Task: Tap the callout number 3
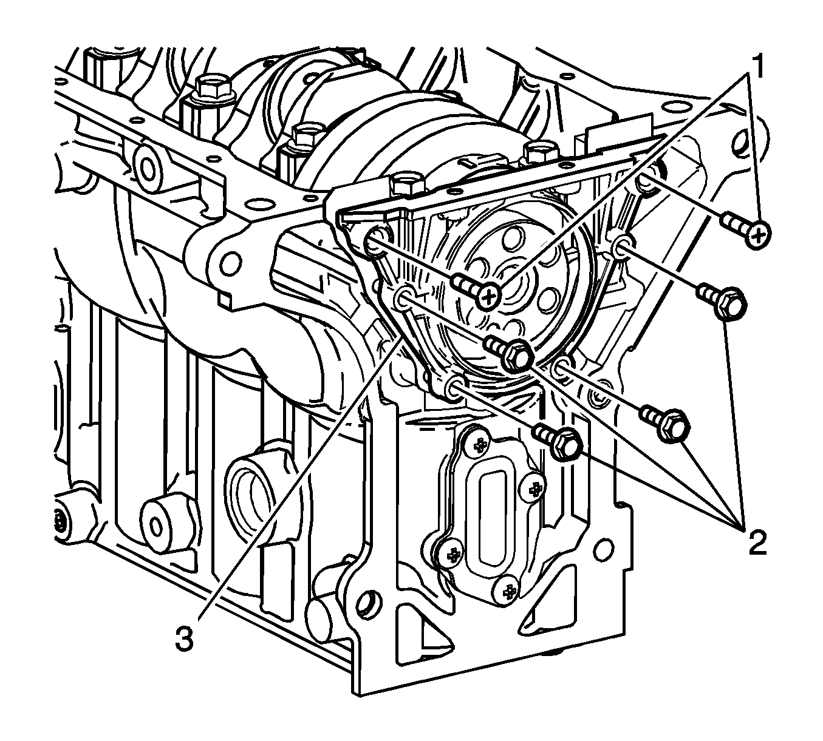click(185, 640)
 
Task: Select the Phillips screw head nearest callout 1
click(758, 235)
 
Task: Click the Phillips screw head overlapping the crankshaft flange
click(489, 296)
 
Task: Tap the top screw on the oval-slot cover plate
click(479, 445)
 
